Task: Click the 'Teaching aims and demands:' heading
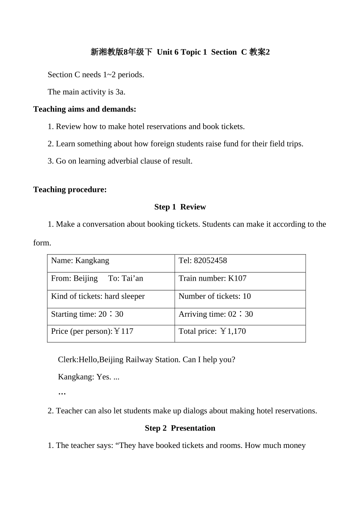(85, 109)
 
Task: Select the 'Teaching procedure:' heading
(70, 190)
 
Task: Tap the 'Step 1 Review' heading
(180, 207)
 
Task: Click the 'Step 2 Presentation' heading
(180, 428)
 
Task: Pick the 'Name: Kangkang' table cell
(80, 261)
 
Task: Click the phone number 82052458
(210, 261)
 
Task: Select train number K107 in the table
(237, 278)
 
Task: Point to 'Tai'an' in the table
(132, 278)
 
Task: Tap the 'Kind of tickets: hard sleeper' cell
(98, 296)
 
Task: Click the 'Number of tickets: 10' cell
(214, 296)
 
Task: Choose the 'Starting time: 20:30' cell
(87, 314)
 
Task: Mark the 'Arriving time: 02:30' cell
(216, 314)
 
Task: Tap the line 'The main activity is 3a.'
(86, 92)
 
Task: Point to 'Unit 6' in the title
(167, 52)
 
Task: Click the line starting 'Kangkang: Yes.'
(89, 377)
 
